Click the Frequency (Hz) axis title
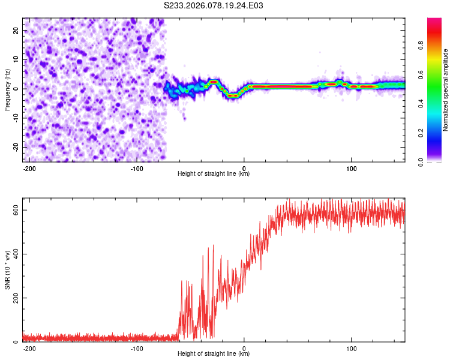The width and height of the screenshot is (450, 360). (7, 89)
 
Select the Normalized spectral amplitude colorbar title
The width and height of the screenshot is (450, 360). (446, 89)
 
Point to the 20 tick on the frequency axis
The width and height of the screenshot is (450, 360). (16, 30)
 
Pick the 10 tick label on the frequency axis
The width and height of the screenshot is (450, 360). (16, 59)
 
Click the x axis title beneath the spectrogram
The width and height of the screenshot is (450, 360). (214, 174)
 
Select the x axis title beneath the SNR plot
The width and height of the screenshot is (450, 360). (214, 354)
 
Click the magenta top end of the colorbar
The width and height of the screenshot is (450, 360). (434, 20)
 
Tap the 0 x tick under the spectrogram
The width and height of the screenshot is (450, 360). (244, 167)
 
